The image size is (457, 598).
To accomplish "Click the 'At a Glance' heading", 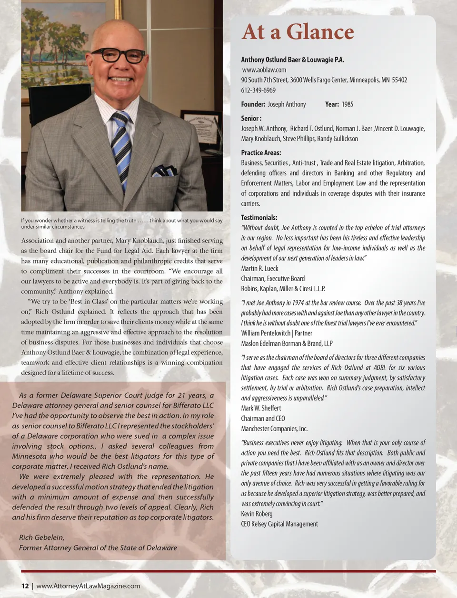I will pos(298,32).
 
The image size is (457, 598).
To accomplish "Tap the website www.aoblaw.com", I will pos(264,70).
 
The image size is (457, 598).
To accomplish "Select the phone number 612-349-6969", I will pos(258,90).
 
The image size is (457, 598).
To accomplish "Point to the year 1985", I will pos(347,104).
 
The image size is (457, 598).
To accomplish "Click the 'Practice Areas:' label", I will pos(261,153).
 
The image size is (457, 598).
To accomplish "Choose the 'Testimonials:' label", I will pos(259,218).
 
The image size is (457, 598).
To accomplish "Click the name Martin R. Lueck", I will pos(259,268).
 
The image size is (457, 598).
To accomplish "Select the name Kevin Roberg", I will pos(257,514).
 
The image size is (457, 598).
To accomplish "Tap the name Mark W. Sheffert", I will pos(261,408).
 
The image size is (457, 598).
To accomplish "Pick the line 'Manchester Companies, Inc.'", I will pos(274,428).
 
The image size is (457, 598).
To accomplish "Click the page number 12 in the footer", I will pos(25,586).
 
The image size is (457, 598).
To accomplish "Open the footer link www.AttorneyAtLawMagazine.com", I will pos(88,586).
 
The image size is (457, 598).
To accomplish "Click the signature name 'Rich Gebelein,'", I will pos(42,537).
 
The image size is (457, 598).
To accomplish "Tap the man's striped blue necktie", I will pos(122,148).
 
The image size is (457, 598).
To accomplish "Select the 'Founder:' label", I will pos(253,104).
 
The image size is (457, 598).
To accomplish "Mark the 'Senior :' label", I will pos(251,118).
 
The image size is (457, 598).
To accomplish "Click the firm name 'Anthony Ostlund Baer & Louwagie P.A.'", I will pos(292,60).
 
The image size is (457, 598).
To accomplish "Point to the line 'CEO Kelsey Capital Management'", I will pos(279,524).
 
